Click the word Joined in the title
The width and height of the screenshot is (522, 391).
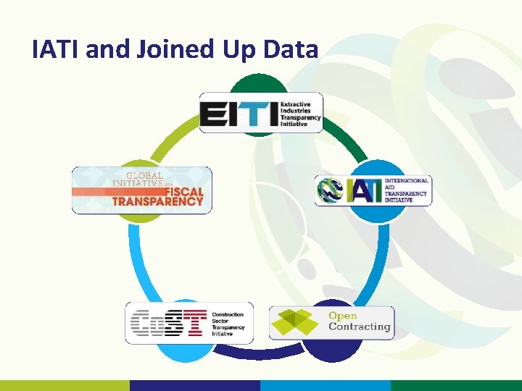[x=170, y=49]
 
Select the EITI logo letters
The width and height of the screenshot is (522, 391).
[x=239, y=114]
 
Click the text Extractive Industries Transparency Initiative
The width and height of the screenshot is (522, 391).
[x=300, y=114]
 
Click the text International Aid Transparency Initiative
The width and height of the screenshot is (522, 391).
[x=406, y=190]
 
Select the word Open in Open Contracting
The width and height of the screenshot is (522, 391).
[x=343, y=316]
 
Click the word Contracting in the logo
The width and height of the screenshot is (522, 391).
[x=359, y=327]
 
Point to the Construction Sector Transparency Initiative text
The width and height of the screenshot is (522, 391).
[x=228, y=324]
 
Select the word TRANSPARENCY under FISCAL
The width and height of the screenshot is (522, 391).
[x=157, y=201]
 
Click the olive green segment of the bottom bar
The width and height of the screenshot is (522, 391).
[x=65, y=385]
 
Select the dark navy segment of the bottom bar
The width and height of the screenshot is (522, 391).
[x=195, y=385]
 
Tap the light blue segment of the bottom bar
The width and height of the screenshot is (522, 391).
[x=326, y=385]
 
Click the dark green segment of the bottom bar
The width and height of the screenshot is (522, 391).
[x=456, y=385]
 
